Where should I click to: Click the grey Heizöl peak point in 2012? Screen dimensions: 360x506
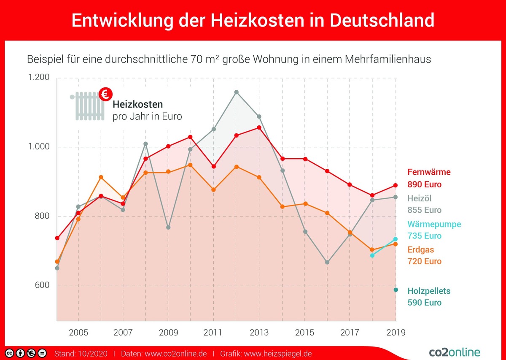[x=236, y=92]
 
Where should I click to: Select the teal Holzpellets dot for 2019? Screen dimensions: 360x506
[x=396, y=290]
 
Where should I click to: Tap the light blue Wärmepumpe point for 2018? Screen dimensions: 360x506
[x=372, y=255]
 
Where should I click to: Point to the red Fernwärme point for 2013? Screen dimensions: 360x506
[x=259, y=127]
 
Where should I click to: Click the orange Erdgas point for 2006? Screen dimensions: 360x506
[x=100, y=177]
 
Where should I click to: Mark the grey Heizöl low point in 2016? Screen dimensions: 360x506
[x=327, y=262]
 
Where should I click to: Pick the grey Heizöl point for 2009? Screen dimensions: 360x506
[x=168, y=227]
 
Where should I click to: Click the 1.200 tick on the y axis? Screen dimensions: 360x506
[x=39, y=78]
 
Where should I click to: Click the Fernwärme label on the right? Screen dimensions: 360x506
[x=429, y=172]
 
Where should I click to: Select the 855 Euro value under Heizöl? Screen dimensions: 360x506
[x=424, y=210]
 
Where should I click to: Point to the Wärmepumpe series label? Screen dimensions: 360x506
[x=434, y=224]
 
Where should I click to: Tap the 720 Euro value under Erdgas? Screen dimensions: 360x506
[x=424, y=261]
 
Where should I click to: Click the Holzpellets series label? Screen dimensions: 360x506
[x=429, y=291]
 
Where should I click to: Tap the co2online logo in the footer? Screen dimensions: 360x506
[x=454, y=352]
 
